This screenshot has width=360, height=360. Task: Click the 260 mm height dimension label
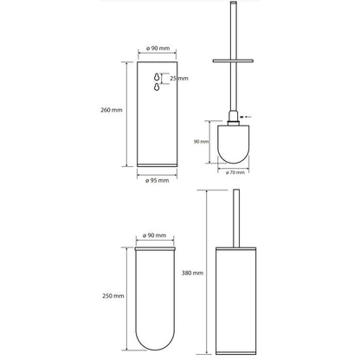pyautogui.click(x=112, y=110)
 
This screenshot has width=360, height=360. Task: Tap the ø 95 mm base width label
pyautogui.click(x=157, y=181)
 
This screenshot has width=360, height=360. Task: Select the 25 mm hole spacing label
pyautogui.click(x=179, y=78)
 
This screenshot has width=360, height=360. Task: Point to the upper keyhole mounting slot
pyautogui.click(x=157, y=77)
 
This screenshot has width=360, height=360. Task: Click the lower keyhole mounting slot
pyautogui.click(x=157, y=87)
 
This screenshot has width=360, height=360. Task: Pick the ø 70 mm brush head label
pyautogui.click(x=235, y=172)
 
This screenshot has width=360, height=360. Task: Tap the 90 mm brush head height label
pyautogui.click(x=201, y=142)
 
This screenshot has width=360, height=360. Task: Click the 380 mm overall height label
pyautogui.click(x=192, y=273)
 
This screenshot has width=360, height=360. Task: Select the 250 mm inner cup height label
pyautogui.click(x=113, y=296)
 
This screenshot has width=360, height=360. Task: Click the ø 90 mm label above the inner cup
pyautogui.click(x=155, y=235)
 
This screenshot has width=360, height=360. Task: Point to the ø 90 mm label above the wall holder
pyautogui.click(x=158, y=48)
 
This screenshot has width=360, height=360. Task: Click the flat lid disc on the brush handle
pyautogui.click(x=233, y=61)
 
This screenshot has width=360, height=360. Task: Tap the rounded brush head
pyautogui.click(x=234, y=144)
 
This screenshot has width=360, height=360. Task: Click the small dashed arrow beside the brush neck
pyautogui.click(x=246, y=117)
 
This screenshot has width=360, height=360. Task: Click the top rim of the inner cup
pyautogui.click(x=155, y=248)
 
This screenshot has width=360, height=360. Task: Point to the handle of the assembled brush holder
pyautogui.click(x=236, y=218)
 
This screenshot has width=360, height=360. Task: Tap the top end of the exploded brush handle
pyautogui.click(x=234, y=3)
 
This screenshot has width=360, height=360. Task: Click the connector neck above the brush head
pyautogui.click(x=234, y=118)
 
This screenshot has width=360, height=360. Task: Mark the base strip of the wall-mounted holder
pyautogui.click(x=157, y=165)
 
